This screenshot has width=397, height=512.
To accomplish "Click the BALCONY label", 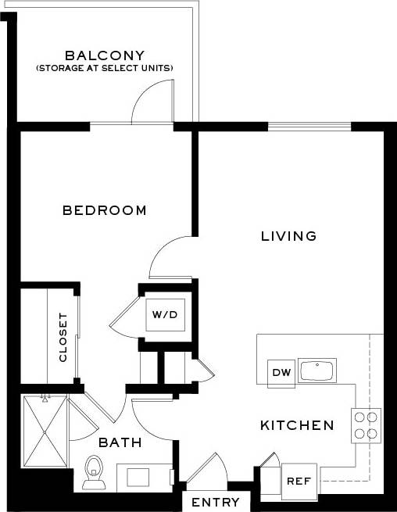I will pos(105,55).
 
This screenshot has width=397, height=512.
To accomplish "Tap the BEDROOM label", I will pos(105,210).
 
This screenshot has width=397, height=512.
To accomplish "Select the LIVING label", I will pos(288,235).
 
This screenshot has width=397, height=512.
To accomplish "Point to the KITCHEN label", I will pos(297,426).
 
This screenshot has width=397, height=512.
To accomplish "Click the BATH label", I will pos(120,443).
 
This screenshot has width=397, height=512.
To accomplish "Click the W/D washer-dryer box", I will pos(164,315).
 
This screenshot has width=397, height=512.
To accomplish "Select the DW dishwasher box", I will pos(281,373).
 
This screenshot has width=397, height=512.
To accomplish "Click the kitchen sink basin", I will pos(317,371).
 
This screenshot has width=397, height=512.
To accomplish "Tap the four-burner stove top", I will pos(366,425).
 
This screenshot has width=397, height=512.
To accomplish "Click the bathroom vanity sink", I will pos(143,477).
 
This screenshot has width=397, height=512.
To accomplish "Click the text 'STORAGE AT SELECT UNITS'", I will pos(105,69).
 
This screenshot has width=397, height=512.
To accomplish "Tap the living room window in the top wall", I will pos(309,126).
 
